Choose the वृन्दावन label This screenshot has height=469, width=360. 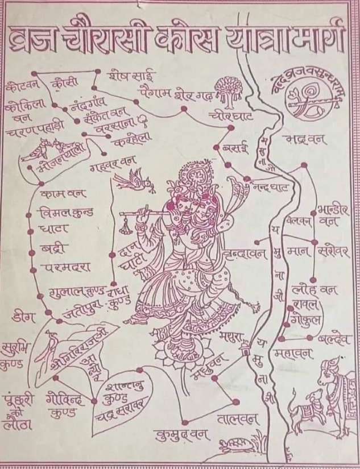coord(245,251)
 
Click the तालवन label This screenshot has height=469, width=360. coord(238,420)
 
